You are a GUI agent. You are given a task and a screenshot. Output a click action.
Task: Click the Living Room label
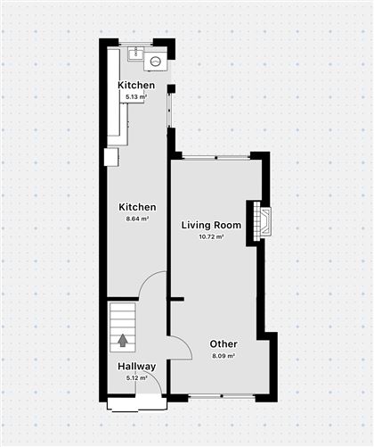211,225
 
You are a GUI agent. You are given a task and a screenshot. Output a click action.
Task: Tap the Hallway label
136,367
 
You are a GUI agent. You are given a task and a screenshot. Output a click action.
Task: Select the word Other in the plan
224,344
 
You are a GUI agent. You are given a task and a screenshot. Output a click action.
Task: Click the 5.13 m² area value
136,96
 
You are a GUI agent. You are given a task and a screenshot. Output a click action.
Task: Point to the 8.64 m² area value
137,219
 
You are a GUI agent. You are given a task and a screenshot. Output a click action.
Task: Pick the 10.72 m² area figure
211,237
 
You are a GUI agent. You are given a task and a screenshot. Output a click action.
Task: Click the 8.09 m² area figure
224,356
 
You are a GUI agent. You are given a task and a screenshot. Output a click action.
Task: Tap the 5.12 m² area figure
136,378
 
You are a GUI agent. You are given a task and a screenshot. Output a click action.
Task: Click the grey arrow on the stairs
122,341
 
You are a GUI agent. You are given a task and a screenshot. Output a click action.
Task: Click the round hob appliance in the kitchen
155,62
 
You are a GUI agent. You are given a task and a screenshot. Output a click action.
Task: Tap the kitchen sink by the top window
135,54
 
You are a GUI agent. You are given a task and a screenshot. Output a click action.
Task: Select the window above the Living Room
216,157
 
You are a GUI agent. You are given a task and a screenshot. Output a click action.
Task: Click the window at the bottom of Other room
222,396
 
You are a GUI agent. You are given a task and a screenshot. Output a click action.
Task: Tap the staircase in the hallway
123,327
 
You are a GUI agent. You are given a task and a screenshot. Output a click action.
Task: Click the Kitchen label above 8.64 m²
137,207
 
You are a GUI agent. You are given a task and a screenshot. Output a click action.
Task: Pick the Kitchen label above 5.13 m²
136,85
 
